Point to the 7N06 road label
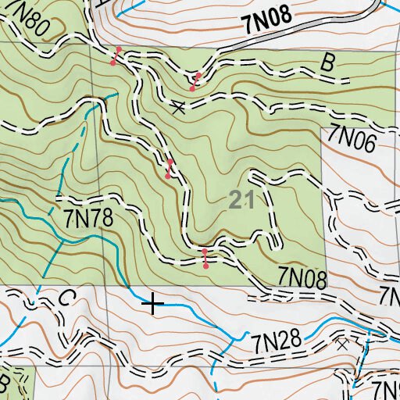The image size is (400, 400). (352, 137)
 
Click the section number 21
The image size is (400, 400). (243, 201)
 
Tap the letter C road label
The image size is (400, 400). (66, 298)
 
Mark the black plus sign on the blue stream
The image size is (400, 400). (154, 304)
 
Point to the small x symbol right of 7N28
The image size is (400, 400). (341, 341)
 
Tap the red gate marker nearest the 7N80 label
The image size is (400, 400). (116, 55)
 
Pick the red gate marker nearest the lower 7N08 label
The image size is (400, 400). (205, 259)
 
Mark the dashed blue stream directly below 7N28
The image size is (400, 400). (216, 375)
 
